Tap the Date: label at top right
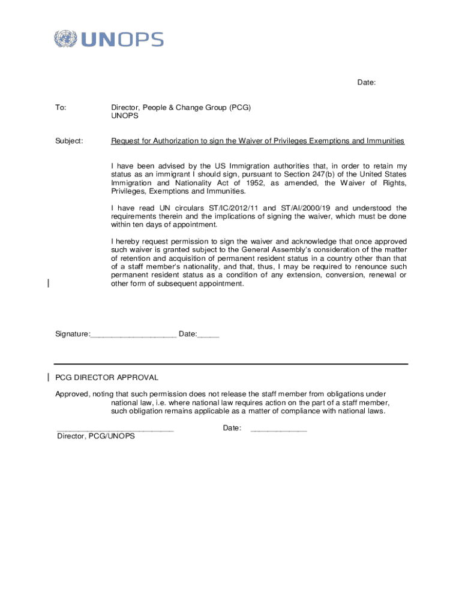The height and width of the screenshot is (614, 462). point(367,83)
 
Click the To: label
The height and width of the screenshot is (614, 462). point(61,107)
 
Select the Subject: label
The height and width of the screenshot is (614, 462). point(69,141)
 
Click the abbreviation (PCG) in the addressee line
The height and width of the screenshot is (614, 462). point(239,107)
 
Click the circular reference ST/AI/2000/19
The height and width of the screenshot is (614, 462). point(302,208)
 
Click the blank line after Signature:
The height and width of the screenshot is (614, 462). point(133,335)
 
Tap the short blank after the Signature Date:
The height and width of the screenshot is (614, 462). point(208,335)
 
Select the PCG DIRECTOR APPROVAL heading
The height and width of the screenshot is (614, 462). point(107,377)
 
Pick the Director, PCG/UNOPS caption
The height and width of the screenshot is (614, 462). point(96,437)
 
